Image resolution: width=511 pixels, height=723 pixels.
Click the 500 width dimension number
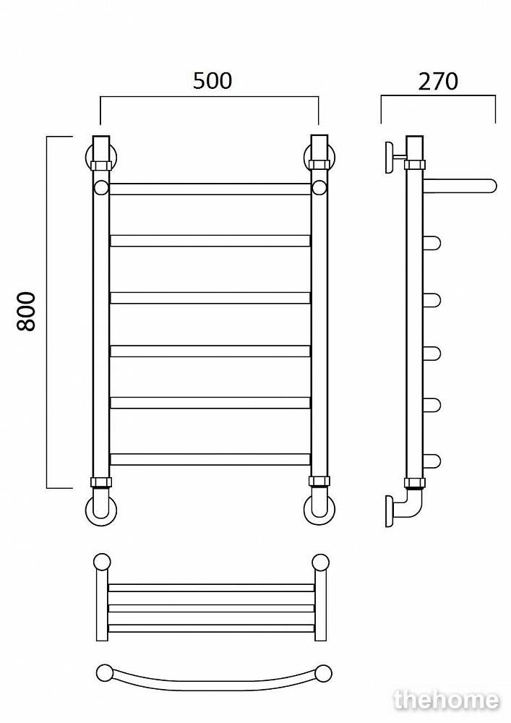pos(212,81)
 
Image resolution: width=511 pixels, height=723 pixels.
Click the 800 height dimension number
pos(26,311)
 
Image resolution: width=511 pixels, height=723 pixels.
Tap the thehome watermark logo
pos(446,700)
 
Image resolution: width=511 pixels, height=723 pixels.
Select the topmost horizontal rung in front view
pos(210,189)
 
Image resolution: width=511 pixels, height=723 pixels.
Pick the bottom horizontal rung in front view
pos(210,459)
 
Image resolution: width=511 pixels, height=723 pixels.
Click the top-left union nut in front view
pos(101,165)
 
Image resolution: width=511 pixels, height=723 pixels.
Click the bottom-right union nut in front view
pos(319,482)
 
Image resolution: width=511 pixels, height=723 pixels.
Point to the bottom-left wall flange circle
pos(101,510)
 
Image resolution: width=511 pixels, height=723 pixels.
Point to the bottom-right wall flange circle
pos(319,510)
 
